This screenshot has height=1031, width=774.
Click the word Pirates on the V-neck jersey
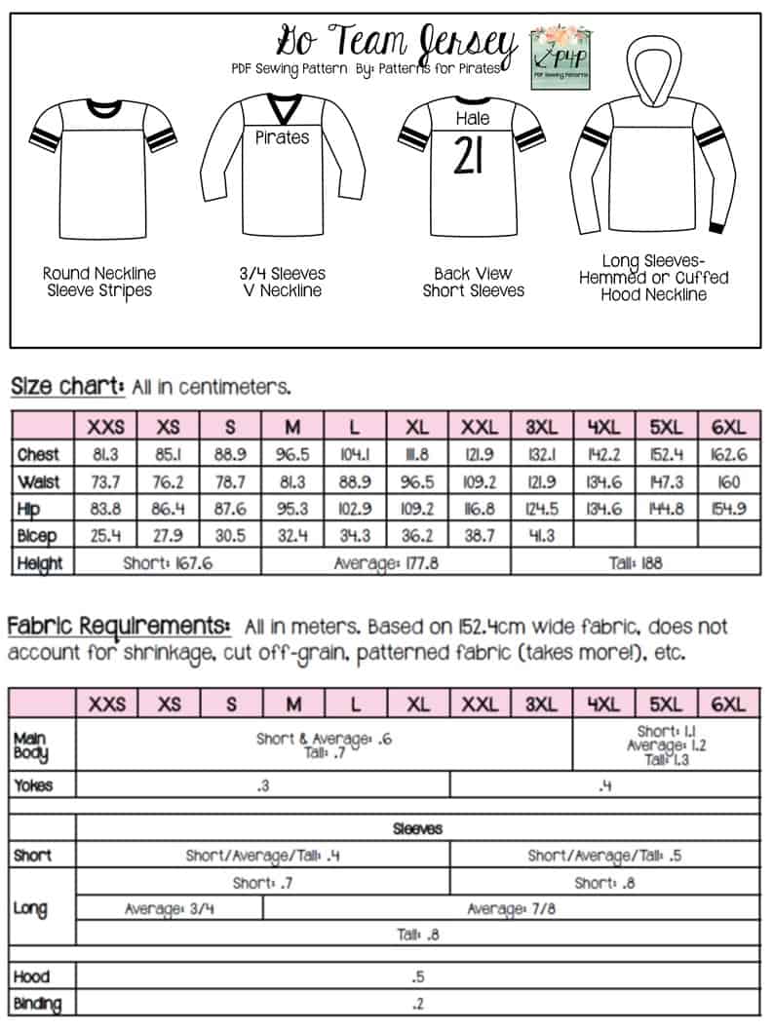282,137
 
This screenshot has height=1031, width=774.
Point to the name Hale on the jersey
473,119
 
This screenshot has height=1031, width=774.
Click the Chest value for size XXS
106,454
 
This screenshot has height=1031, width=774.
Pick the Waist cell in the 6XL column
728,481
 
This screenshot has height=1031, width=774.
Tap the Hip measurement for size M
293,509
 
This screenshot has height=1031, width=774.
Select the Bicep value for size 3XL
542,536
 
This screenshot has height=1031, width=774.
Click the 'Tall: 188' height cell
635,562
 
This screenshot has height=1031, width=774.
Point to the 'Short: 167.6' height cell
169,562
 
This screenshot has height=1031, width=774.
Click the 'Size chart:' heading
67,386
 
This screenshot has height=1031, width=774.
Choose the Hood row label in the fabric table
32,976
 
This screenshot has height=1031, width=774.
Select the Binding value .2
418,1003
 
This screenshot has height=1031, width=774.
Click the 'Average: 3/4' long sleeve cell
169,908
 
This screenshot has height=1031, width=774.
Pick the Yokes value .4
604,785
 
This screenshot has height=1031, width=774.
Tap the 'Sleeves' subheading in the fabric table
418,828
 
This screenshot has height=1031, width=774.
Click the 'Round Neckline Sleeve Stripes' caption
99,282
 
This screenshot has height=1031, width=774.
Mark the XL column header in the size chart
418,427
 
